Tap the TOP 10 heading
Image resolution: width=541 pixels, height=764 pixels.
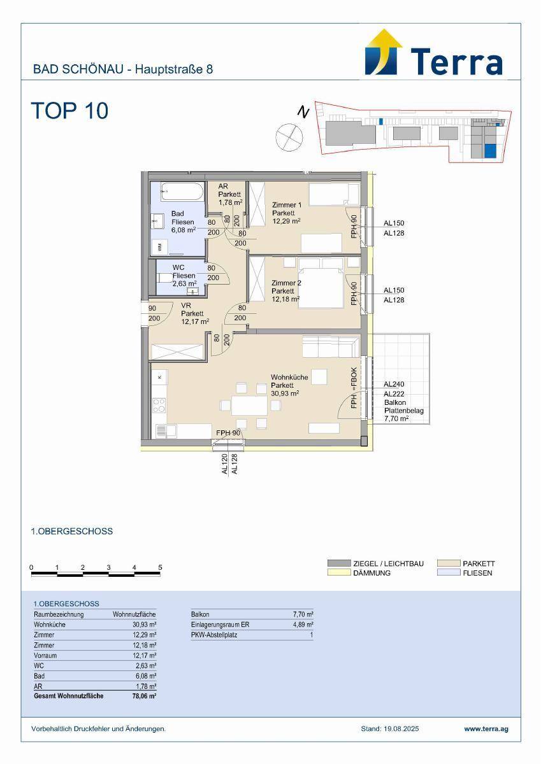pos(69,111)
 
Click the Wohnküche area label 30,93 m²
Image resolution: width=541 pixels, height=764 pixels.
pos(285,393)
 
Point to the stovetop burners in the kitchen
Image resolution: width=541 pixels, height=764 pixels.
pos(159,406)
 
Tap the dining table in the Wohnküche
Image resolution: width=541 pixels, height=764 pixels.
pos(249,406)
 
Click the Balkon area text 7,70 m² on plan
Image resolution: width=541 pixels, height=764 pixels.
pos(396,418)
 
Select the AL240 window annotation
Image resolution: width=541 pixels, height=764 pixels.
pos(394,384)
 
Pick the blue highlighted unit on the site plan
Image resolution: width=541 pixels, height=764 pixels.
pos(490,151)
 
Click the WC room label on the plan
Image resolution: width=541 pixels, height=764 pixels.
pos(178,267)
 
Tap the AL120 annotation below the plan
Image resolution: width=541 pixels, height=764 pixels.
pos(224,464)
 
